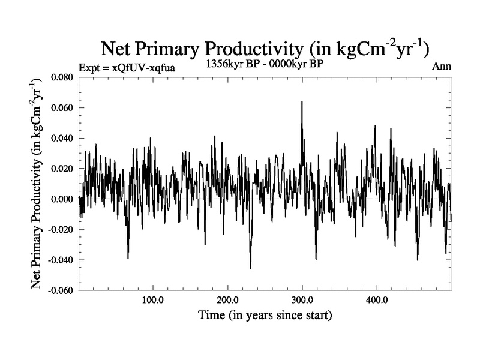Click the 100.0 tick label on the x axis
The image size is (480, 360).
(x=152, y=300)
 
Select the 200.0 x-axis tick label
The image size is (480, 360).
(x=227, y=300)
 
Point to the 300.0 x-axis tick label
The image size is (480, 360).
(x=302, y=300)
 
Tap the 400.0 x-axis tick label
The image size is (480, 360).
(x=376, y=300)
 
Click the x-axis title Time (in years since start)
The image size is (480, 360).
(x=266, y=314)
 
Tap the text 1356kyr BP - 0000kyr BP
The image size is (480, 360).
(x=264, y=63)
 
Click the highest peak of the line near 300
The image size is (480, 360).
(x=302, y=102)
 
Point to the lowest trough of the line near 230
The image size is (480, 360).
(x=250, y=268)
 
